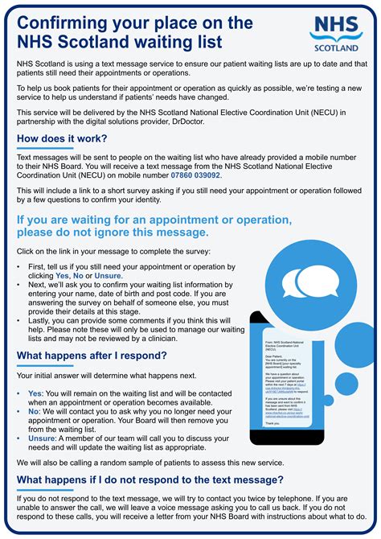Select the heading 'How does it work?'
click(62, 138)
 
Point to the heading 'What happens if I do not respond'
click(150, 480)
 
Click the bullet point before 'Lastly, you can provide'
click(20, 319)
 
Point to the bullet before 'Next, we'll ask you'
click(20, 285)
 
